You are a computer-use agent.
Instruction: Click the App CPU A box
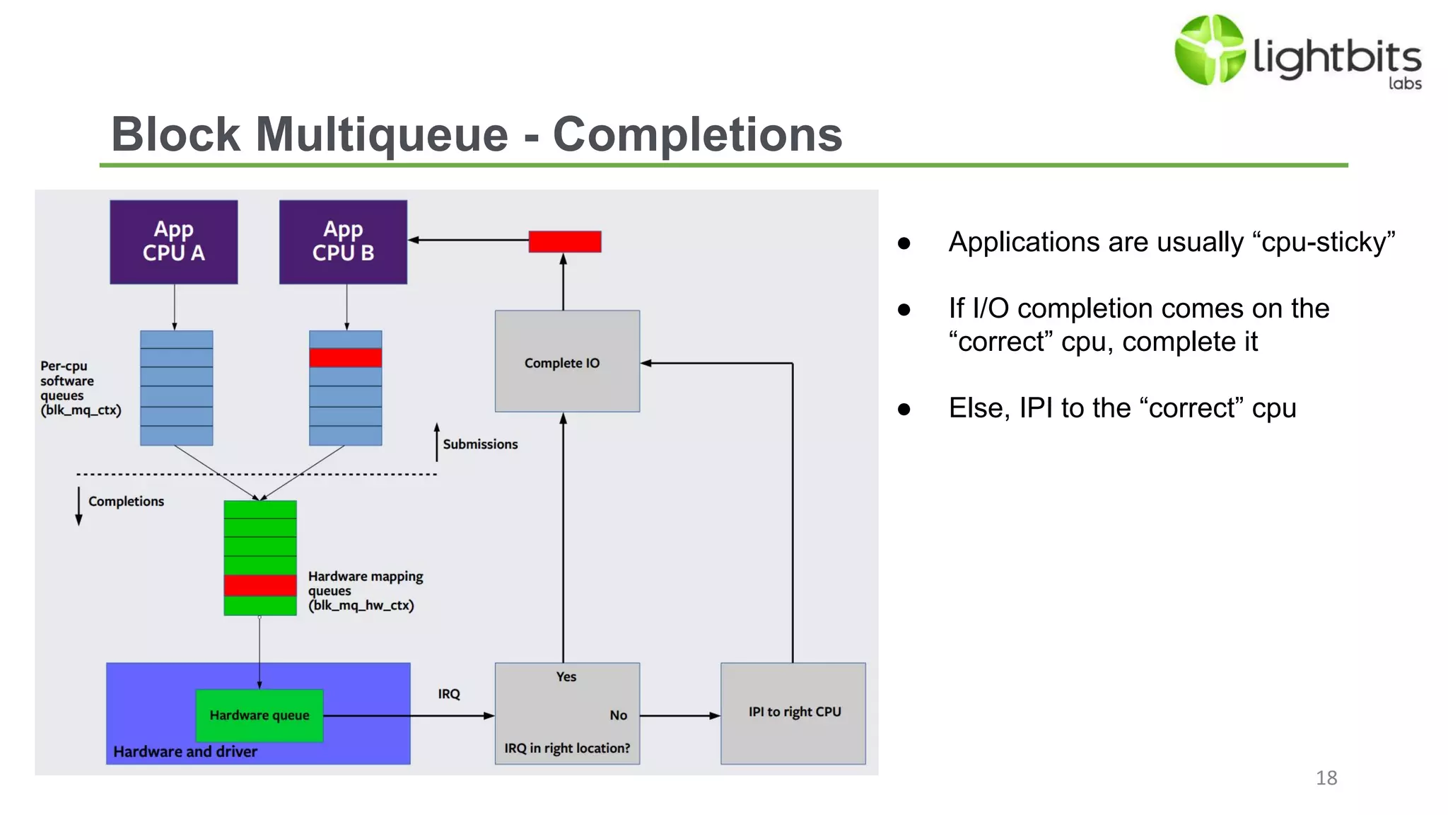point(173,242)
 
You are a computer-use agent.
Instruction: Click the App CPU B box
point(343,242)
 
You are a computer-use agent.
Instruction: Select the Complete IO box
point(567,362)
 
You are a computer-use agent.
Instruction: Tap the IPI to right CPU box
point(793,712)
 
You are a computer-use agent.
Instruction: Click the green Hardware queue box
point(259,715)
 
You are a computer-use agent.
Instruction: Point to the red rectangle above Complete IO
point(565,242)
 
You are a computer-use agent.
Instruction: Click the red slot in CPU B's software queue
point(345,358)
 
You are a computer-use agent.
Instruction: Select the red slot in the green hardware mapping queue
point(259,585)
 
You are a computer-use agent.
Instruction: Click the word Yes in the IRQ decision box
point(566,677)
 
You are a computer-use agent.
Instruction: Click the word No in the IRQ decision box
point(618,715)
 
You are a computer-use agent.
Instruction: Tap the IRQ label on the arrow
point(448,694)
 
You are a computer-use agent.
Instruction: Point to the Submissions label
point(480,444)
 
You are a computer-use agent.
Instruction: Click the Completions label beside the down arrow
point(126,502)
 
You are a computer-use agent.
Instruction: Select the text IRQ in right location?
point(566,748)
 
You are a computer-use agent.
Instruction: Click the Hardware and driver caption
point(185,752)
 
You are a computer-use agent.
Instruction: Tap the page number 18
point(1326,778)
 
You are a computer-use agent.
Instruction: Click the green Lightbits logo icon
point(1209,50)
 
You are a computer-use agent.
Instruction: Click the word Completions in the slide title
point(697,134)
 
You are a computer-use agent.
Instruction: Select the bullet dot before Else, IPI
point(904,410)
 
